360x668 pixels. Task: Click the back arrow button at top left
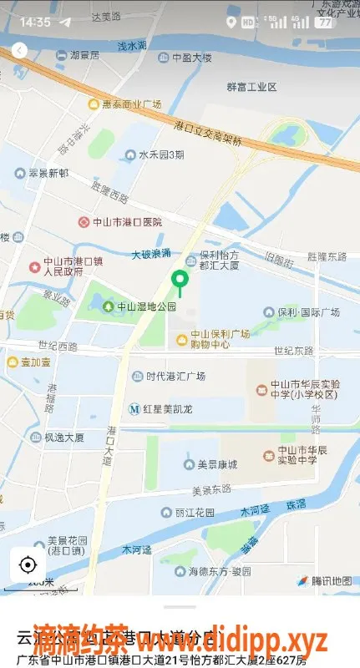(19, 51)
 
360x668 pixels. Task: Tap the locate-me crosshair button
(28, 564)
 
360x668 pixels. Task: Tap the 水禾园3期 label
(159, 154)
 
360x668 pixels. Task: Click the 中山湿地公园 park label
(146, 306)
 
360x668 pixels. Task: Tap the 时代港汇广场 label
(175, 376)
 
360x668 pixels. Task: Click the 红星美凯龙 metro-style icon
(135, 409)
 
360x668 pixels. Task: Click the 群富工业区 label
(251, 86)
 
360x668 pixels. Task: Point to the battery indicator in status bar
(323, 22)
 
